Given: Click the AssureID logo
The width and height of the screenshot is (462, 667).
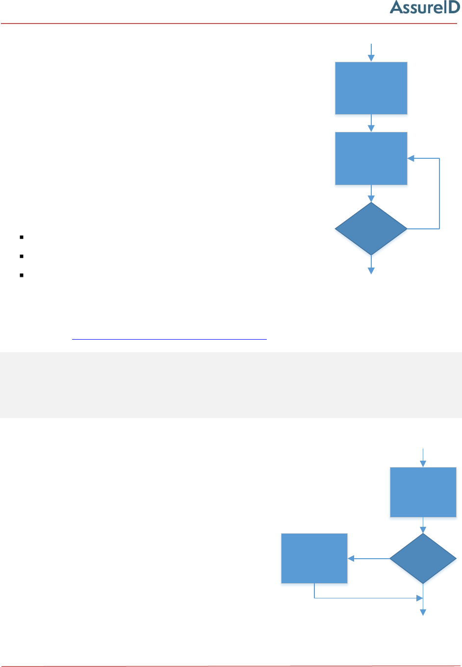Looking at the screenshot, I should point(425,7).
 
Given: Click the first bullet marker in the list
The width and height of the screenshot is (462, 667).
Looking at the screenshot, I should point(22,237).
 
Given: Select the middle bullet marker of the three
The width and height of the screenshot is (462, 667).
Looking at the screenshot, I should point(22,256).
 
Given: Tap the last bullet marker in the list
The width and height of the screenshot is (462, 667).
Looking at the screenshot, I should point(22,275).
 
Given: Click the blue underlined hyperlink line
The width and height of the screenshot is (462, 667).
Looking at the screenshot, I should point(169,339).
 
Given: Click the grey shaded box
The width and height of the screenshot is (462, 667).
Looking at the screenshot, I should point(231,385).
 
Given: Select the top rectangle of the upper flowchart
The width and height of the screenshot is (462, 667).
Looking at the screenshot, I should point(371,88).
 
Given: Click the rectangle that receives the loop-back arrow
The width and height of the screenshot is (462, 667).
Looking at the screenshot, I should point(371,158).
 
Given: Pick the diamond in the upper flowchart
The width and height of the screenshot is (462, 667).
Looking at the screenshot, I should point(371,229).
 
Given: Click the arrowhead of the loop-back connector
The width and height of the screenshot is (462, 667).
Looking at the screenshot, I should point(411,158).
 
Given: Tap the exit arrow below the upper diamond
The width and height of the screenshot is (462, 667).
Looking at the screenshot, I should point(371,265).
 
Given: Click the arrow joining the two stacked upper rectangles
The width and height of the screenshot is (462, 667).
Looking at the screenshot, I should point(371,123).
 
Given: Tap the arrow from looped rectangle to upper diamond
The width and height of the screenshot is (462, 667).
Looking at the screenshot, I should point(371,194).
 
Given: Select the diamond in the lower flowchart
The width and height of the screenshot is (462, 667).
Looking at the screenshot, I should point(423,558).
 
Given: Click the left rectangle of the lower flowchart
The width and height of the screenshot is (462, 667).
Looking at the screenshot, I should point(314,558).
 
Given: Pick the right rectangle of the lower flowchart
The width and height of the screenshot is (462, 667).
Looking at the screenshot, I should point(423,492).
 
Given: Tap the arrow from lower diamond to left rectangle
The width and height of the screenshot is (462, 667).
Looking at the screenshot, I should point(368,558).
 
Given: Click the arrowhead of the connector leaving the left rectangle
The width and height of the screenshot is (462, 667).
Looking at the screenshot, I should point(419,598).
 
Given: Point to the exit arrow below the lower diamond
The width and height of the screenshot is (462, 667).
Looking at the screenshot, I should point(423,608).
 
